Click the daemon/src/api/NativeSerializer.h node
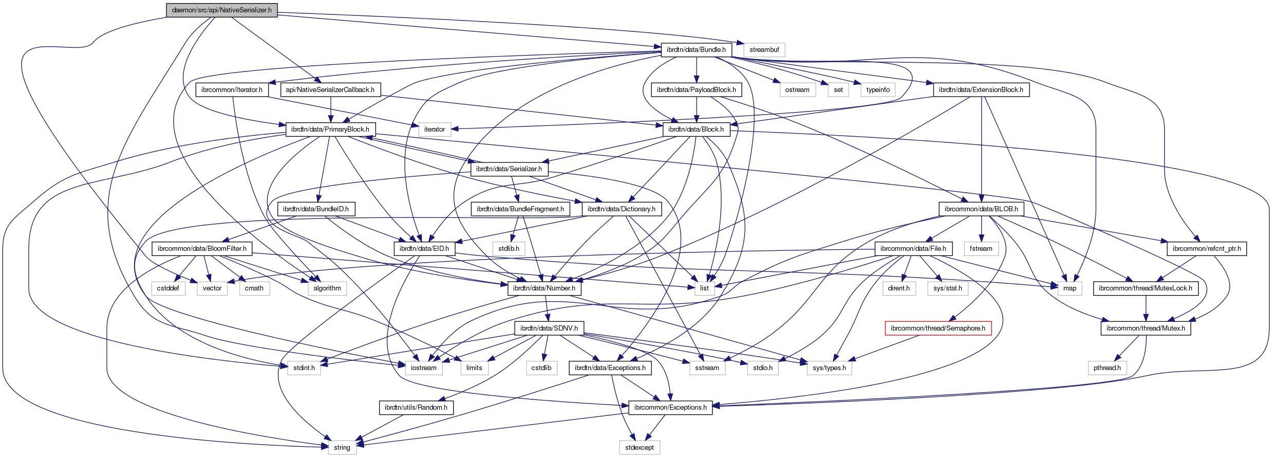point(221,10)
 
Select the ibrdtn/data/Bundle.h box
point(696,50)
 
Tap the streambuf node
point(764,50)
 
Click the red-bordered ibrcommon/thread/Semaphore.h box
point(938,328)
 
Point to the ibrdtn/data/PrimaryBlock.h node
point(330,129)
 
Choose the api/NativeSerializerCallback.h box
point(330,89)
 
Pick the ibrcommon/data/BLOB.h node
point(981,209)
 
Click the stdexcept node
point(639,447)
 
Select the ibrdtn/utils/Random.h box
point(416,407)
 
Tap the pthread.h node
point(1107,368)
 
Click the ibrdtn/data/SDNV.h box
point(549,328)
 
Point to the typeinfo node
point(878,89)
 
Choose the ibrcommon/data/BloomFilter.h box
point(202,248)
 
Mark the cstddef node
point(168,288)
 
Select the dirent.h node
point(899,288)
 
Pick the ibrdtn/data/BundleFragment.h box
point(520,209)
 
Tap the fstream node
point(981,248)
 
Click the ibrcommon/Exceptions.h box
point(670,407)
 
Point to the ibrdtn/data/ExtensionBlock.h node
point(981,89)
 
